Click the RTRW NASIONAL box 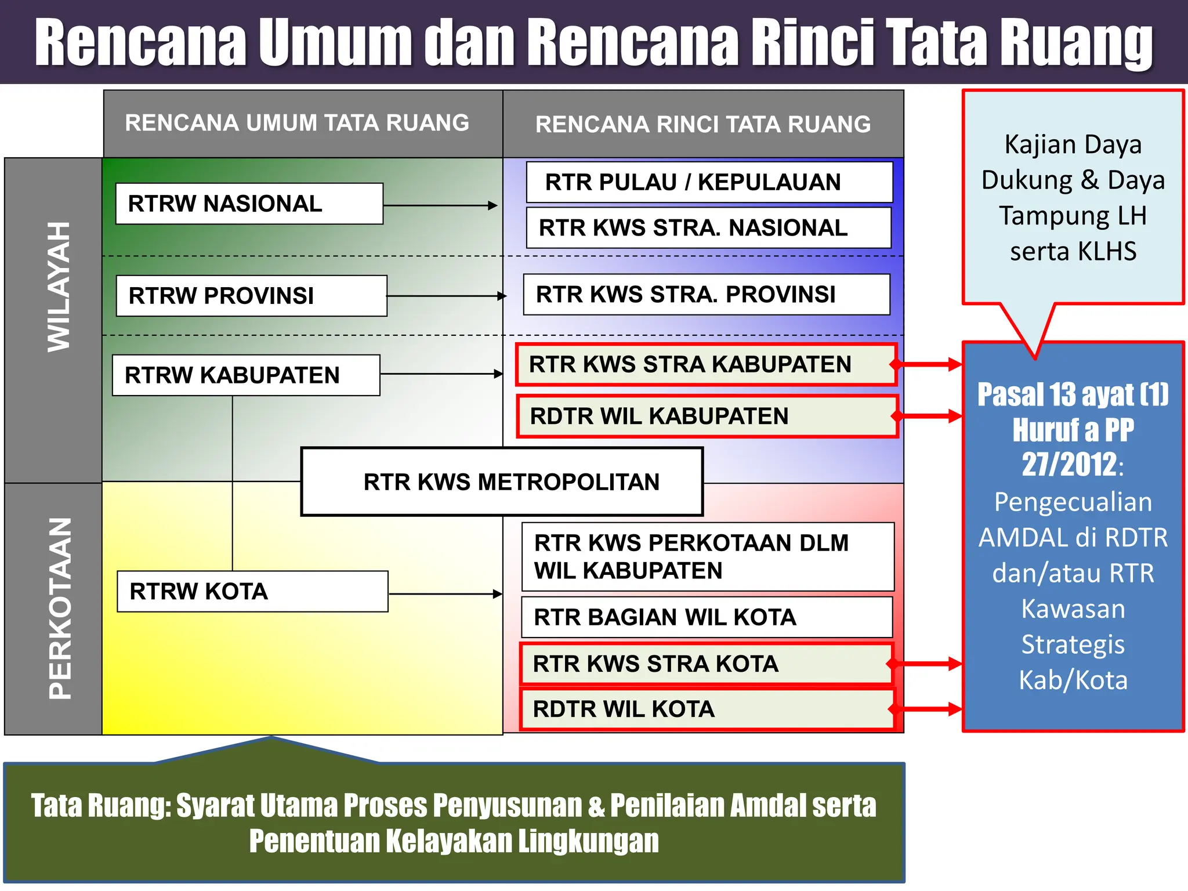249,204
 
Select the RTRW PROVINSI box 251,296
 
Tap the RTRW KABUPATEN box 246,375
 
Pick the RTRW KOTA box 252,592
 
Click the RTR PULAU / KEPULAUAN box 709,182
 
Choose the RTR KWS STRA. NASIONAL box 708,228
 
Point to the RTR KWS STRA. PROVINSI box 706,295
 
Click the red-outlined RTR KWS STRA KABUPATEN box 706,365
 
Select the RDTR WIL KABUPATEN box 707,416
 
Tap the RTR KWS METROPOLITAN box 502,481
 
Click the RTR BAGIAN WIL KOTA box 707,617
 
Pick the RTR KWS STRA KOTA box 706,664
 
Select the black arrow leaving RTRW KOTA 445,594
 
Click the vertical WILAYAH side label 59,287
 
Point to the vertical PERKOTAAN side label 60,609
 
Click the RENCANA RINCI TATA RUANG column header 703,124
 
